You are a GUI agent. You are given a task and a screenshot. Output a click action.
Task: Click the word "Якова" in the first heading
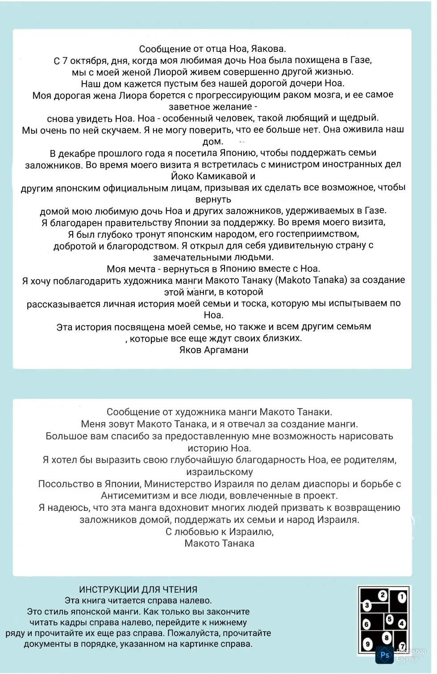(270, 49)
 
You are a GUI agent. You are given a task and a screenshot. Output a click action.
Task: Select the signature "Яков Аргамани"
(214, 350)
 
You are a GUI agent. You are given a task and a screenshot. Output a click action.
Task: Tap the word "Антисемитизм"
(129, 495)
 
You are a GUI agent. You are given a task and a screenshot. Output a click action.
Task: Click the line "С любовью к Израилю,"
(220, 531)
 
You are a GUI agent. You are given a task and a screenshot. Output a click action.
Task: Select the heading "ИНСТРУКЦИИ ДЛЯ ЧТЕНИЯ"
(138, 590)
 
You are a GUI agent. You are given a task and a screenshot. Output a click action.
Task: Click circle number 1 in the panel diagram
(402, 597)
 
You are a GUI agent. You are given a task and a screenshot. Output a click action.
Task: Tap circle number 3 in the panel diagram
(367, 606)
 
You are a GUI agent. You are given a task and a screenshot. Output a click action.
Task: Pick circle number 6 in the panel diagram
(366, 624)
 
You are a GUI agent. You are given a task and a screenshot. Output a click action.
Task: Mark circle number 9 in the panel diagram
(367, 644)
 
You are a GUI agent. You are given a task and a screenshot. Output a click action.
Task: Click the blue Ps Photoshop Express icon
(384, 655)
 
